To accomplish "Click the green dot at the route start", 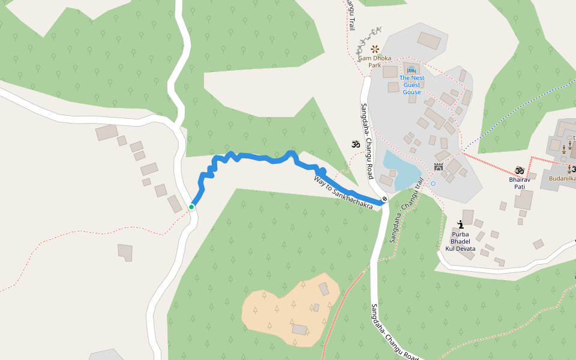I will [x=191, y=207].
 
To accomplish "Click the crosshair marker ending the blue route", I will [x=384, y=199].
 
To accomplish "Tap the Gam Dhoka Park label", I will [x=375, y=61].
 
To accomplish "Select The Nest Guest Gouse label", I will [x=412, y=85].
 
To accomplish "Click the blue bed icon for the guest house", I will [x=412, y=70].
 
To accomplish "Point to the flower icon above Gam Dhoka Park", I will [x=375, y=49].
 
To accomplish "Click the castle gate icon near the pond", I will [x=439, y=167].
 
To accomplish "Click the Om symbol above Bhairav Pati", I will [x=520, y=170].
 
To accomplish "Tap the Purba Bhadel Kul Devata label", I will [x=460, y=241].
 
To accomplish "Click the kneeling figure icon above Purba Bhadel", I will [x=460, y=224].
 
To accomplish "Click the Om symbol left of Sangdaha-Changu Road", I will [x=355, y=144].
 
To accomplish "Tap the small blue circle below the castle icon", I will [x=433, y=184].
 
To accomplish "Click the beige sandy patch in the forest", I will [x=288, y=309].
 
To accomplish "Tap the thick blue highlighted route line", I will [x=264, y=158].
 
